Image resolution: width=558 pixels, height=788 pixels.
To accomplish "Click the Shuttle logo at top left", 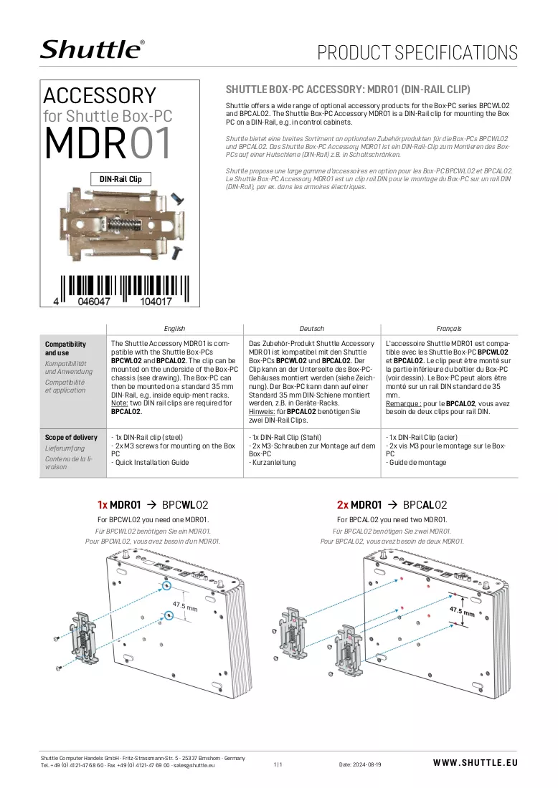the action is point(92,49).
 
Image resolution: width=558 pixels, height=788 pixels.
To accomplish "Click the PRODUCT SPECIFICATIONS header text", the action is point(417,52).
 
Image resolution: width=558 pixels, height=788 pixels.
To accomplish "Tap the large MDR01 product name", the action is point(108,143).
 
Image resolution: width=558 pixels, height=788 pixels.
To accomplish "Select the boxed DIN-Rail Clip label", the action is point(120,179).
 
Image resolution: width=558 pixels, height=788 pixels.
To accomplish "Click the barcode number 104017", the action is point(156,302).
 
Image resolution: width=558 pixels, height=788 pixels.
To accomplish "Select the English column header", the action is point(174,329).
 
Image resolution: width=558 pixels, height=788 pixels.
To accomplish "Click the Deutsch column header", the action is point(312,329).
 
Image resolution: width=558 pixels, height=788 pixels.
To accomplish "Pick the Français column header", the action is point(449,329).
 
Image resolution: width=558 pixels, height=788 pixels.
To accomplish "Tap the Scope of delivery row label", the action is point(71,437).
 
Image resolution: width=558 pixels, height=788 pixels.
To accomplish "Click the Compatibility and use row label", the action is point(65,348).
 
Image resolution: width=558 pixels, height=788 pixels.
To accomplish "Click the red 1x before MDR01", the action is point(102,504).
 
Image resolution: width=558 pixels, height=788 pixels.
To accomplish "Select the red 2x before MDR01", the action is point(343,504).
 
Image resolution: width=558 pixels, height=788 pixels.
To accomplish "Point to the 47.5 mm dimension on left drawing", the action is point(185,606).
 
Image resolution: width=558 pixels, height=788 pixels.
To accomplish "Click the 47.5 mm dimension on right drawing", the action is point(462,611).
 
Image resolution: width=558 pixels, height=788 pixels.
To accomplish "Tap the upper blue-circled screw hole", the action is point(168,585).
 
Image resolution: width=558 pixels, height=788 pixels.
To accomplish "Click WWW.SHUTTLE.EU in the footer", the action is point(476,763).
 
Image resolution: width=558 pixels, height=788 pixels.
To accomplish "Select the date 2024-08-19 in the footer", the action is point(367,764).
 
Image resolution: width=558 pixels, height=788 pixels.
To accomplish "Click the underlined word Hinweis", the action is point(262,412).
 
